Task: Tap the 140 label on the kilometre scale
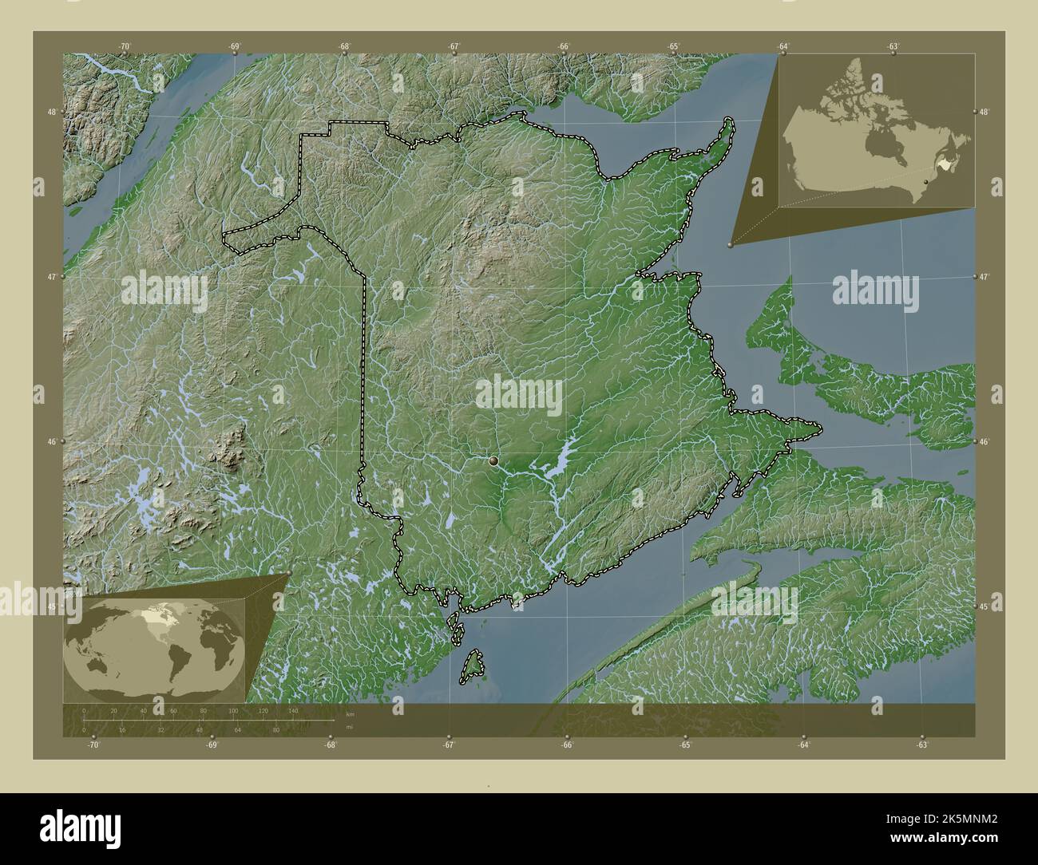point(293,710)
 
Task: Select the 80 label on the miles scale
point(275,729)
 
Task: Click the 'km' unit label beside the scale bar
point(351,713)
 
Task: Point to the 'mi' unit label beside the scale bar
point(350,727)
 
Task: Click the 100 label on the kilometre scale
point(233,710)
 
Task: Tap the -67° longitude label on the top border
point(454,47)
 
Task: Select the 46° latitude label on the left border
point(51,441)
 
